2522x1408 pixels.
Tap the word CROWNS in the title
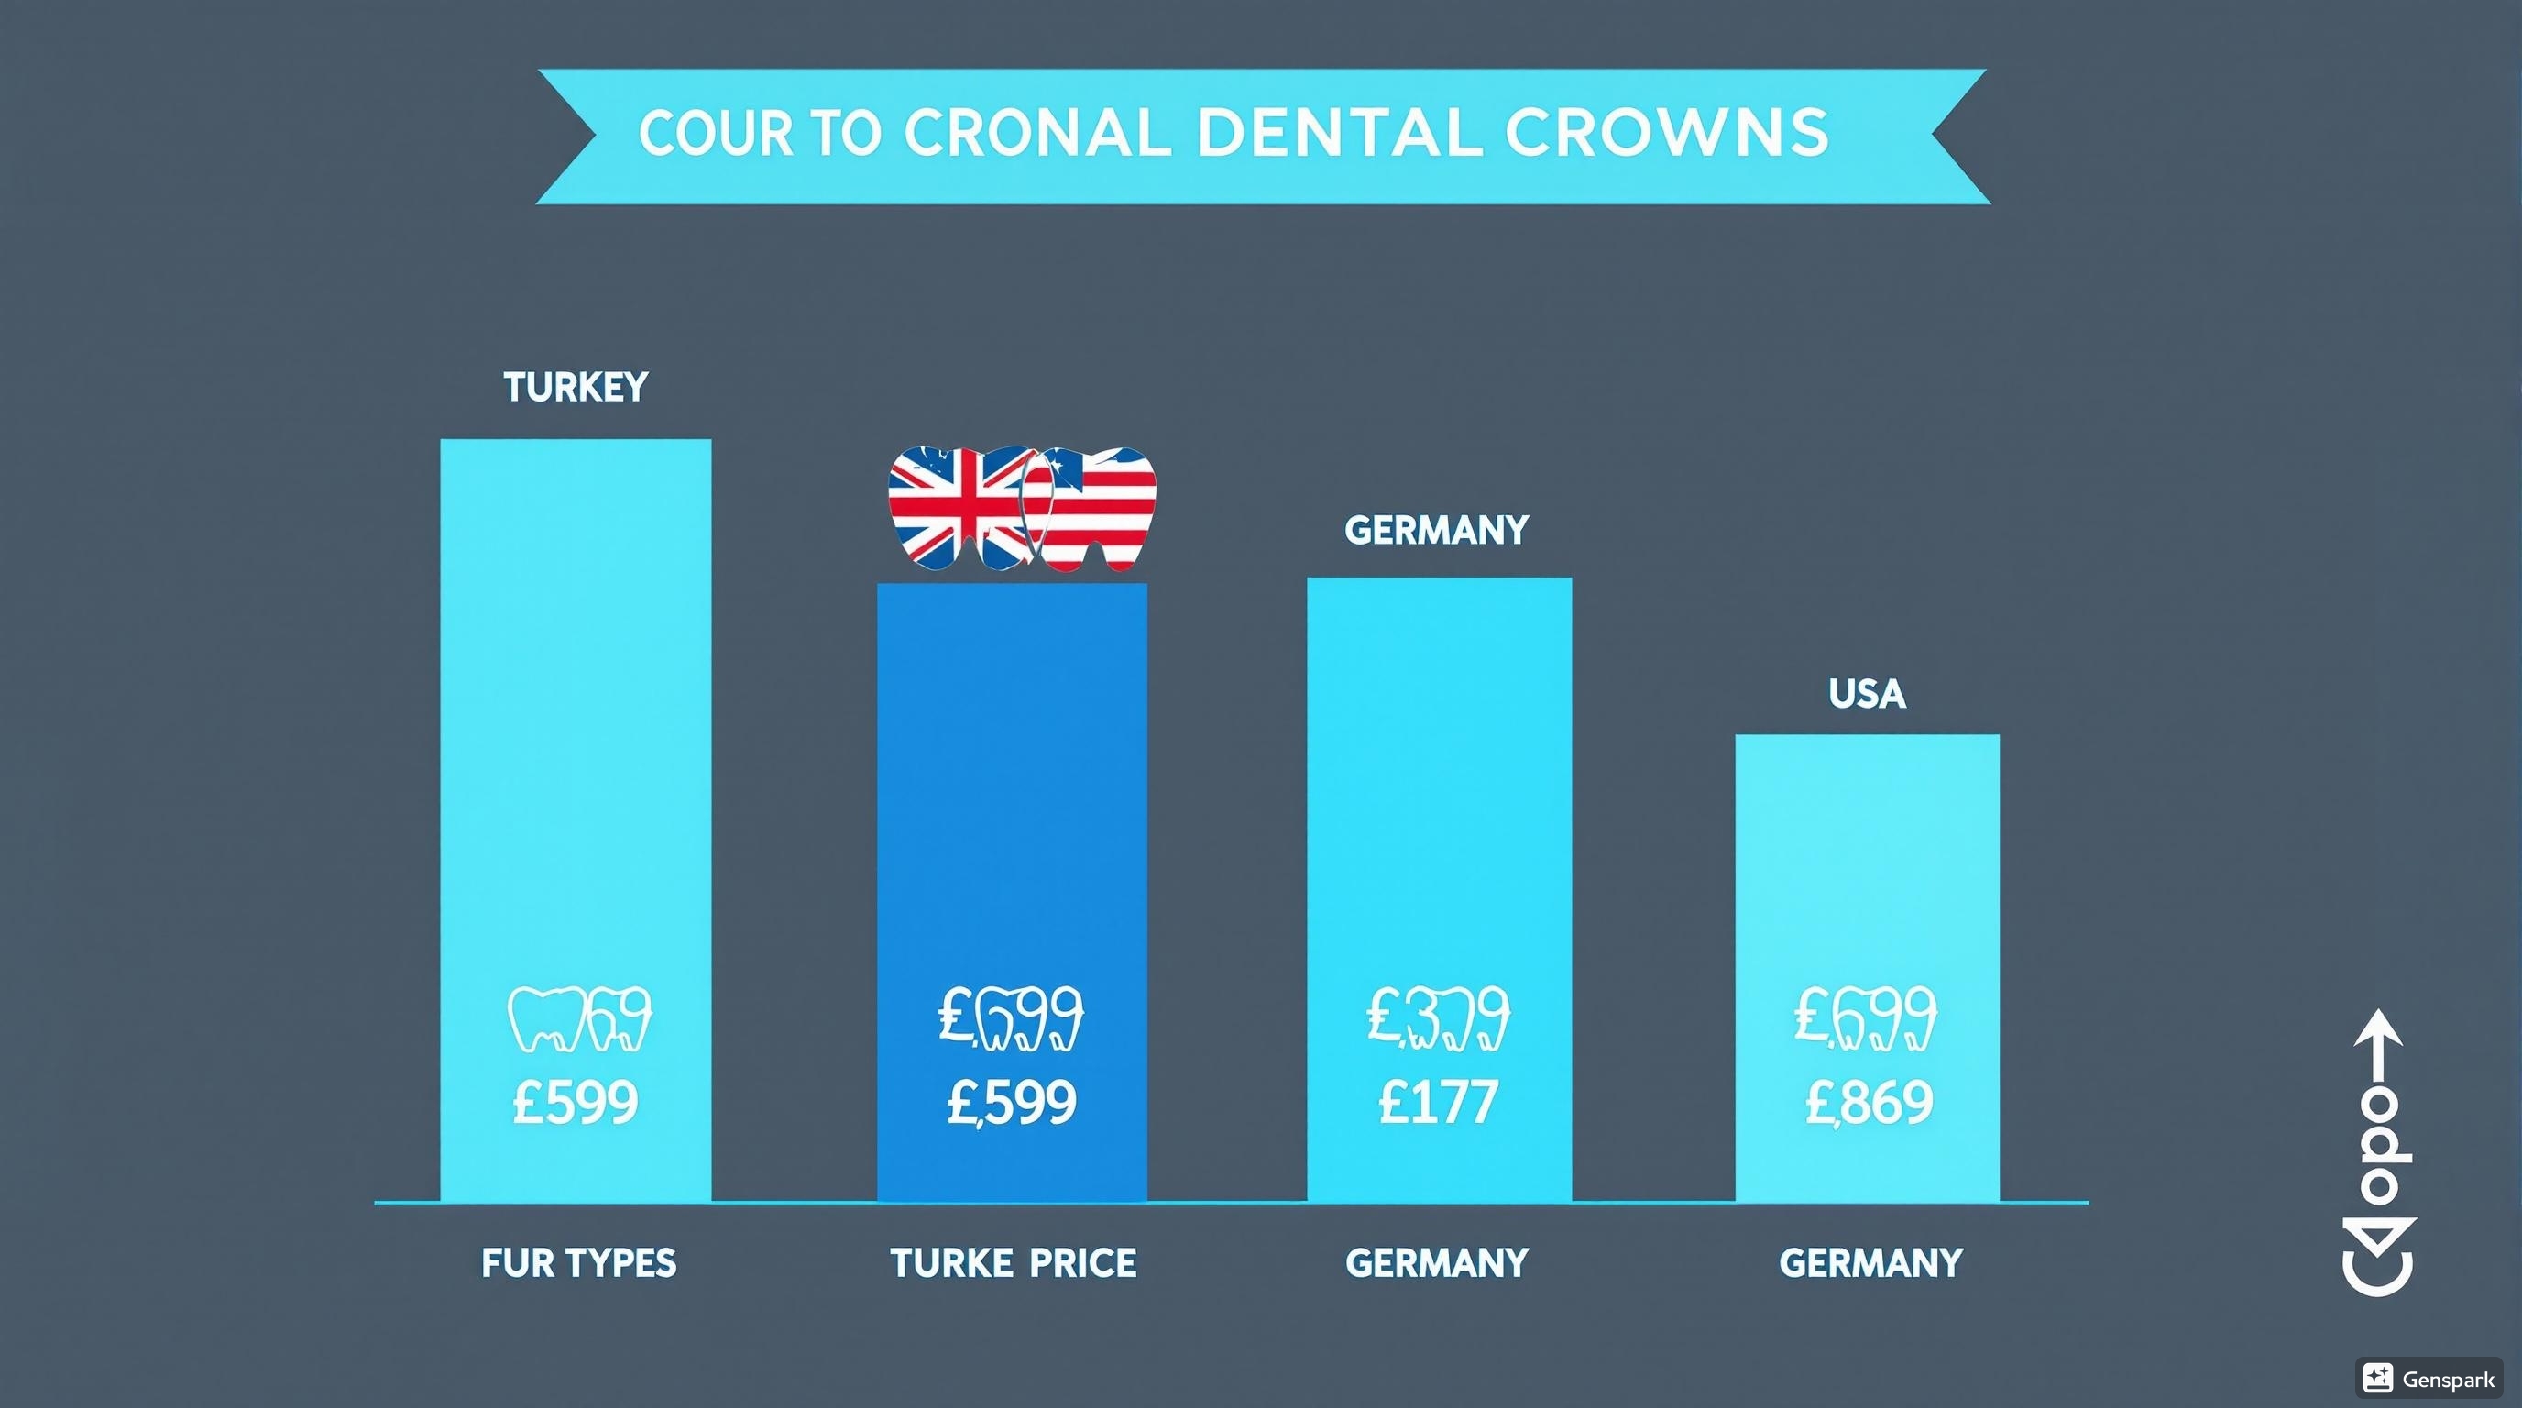tap(1666, 133)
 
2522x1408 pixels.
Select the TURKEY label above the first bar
tap(576, 388)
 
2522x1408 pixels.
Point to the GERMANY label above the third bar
tap(1436, 531)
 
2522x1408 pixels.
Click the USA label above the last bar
tap(1867, 694)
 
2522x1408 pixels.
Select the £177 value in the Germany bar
tap(1437, 1103)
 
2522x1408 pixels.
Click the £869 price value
tap(1869, 1103)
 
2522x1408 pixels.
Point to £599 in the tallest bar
tap(576, 1103)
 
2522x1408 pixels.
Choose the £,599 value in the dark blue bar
tap(1012, 1103)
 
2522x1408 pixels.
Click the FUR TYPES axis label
tap(578, 1263)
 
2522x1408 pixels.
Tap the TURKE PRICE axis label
tap(1014, 1263)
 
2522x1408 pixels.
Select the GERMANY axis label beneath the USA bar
tap(1870, 1263)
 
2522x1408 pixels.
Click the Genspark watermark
tap(2430, 1380)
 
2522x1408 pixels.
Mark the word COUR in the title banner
tap(715, 133)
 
